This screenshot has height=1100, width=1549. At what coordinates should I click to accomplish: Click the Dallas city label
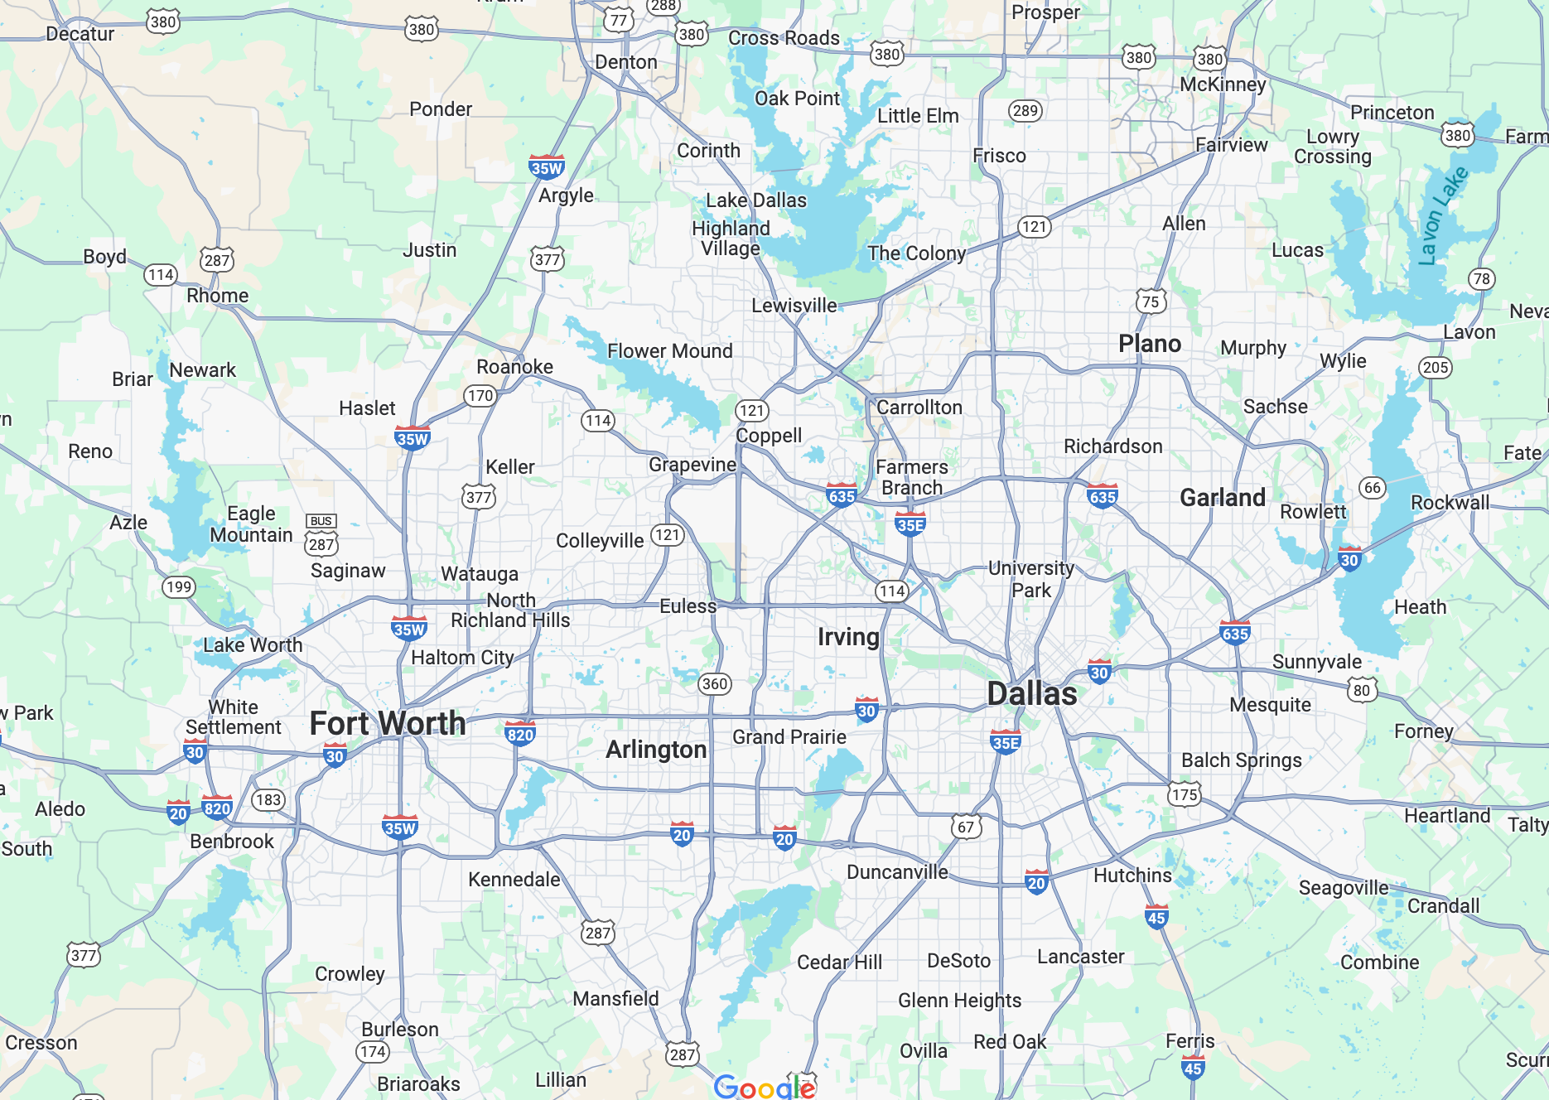pos(1032,694)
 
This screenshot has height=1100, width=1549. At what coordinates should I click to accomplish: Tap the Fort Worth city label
pos(388,723)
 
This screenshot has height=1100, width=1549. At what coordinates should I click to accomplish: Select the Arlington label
pos(656,750)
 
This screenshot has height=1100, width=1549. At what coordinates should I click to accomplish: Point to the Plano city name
pos(1150,344)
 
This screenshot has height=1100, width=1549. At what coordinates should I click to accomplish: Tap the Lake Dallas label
pos(755,200)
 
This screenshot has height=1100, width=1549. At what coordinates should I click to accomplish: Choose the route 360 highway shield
pos(714,683)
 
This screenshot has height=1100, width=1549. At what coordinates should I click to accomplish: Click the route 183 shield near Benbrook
pos(268,799)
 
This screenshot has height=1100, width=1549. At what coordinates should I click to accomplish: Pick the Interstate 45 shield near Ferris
pos(1193,1068)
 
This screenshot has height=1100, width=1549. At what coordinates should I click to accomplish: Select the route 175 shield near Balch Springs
pos(1184,795)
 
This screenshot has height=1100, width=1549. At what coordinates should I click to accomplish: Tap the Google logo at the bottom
pos(765,1087)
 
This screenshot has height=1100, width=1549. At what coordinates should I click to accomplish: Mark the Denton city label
pos(626,62)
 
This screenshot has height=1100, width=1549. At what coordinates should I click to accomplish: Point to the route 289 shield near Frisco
pos(1025,110)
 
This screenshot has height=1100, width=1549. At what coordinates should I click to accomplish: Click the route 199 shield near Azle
pos(178,587)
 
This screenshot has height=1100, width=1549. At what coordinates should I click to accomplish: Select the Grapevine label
pos(692,465)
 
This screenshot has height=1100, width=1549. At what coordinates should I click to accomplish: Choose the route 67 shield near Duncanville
pos(966,827)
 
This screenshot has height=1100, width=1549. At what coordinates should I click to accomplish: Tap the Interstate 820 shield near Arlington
pos(520,734)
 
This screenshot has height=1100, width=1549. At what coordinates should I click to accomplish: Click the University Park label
pos(1031,579)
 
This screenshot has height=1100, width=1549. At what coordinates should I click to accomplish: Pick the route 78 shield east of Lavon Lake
pos(1481,279)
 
